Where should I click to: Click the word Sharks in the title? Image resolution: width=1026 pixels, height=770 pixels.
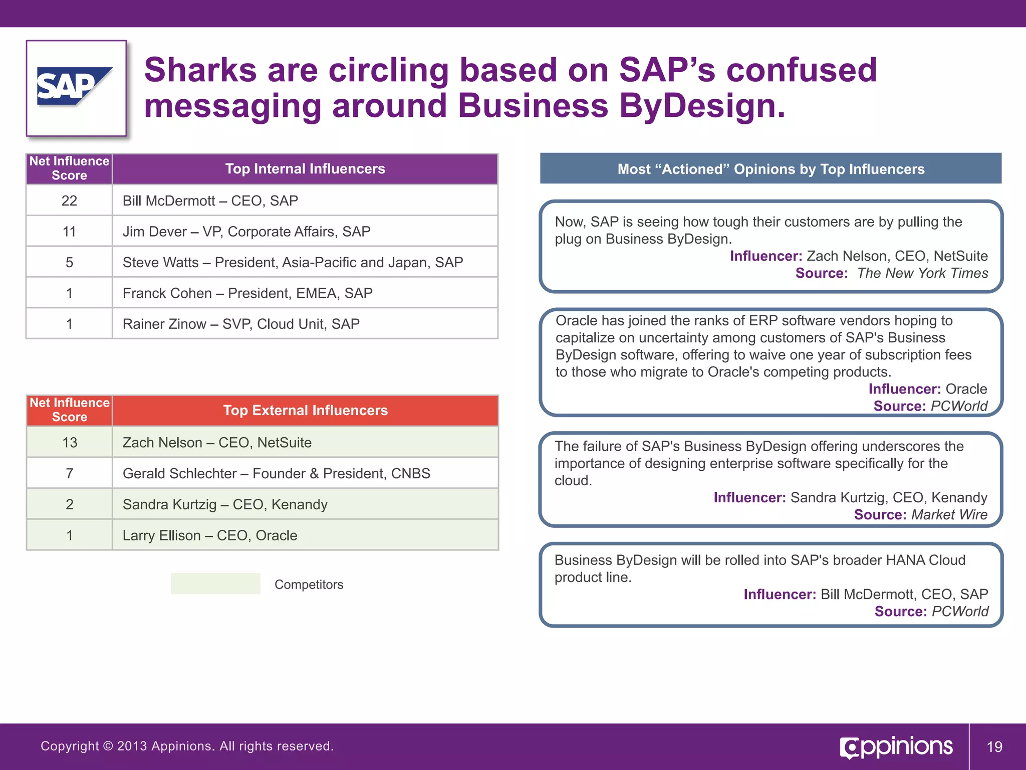(199, 70)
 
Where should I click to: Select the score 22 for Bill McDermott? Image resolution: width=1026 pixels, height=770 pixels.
(69, 201)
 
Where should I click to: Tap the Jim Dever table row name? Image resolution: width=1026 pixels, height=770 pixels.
(246, 232)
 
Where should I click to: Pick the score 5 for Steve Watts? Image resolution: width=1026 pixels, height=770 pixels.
(69, 262)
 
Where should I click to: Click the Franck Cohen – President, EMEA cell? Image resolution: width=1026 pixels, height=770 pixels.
(247, 293)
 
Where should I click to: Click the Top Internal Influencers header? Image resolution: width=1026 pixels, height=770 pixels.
(305, 169)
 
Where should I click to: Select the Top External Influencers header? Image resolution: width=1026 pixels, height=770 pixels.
(305, 411)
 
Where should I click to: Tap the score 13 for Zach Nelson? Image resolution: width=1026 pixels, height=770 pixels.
(70, 443)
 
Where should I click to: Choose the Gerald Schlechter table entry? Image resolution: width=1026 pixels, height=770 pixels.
(276, 473)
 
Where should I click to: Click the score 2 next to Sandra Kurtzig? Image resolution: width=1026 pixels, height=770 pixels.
(70, 504)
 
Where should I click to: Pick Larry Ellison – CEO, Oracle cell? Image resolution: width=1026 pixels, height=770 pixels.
(210, 535)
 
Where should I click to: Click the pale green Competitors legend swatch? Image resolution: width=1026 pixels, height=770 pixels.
(215, 584)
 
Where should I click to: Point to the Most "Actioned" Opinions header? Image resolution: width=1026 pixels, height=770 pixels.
(771, 169)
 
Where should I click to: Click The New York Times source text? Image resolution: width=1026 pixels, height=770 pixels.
(922, 273)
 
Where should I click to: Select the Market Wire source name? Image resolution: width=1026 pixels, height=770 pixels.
(949, 515)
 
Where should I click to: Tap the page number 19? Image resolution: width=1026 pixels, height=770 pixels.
(994, 747)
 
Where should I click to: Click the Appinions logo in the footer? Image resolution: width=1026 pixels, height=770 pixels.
(896, 747)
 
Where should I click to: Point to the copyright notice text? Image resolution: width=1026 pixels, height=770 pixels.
(187, 746)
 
